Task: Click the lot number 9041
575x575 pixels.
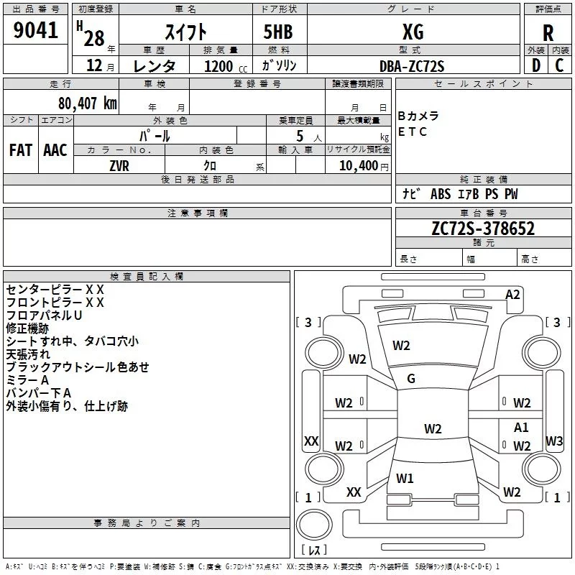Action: (35, 30)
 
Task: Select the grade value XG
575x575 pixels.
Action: (413, 32)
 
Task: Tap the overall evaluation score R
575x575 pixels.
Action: (548, 33)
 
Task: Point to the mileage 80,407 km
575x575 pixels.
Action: (88, 103)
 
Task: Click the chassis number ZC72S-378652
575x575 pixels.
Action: (483, 228)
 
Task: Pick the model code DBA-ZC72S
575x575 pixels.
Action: (412, 66)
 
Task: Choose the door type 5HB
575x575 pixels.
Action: (278, 32)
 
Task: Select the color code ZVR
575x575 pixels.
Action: (119, 166)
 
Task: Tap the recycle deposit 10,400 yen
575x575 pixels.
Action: (364, 166)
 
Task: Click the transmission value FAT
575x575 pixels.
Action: (21, 150)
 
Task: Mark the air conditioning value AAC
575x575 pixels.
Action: (55, 150)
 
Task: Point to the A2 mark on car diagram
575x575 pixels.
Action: (512, 295)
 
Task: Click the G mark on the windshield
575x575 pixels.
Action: (411, 379)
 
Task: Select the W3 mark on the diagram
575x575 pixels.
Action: (554, 441)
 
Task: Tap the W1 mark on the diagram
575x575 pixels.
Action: (405, 478)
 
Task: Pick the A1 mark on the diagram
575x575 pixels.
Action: (521, 427)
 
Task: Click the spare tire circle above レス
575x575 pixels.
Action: (314, 525)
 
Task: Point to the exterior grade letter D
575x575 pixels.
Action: (536, 65)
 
